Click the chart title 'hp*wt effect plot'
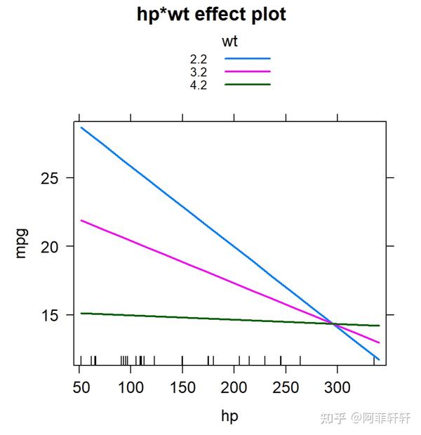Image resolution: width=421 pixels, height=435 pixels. coord(211,15)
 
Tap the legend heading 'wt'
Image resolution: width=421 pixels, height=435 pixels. coord(229,41)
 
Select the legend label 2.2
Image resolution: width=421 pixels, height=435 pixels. coord(199,59)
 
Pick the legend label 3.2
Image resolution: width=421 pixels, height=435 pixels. coord(199,72)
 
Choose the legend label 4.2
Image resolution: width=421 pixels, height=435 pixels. coord(199,84)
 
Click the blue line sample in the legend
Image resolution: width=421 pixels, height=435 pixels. coord(248,59)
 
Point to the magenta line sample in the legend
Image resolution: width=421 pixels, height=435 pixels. coord(248,72)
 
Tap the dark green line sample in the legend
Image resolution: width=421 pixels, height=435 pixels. coord(248,84)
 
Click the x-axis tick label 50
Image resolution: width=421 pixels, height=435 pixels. coord(79,387)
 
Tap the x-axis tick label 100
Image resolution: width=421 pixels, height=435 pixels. coord(131,387)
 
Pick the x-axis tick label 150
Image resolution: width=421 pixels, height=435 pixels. coord(182,387)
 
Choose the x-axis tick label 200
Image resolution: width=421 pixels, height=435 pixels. coord(234,387)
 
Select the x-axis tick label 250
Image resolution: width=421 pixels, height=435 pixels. coord(286,387)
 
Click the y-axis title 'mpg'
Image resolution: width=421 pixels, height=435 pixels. coord(21,242)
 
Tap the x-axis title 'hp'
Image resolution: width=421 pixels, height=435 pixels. coord(229,416)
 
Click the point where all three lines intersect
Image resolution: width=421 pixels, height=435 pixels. coord(335,324)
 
